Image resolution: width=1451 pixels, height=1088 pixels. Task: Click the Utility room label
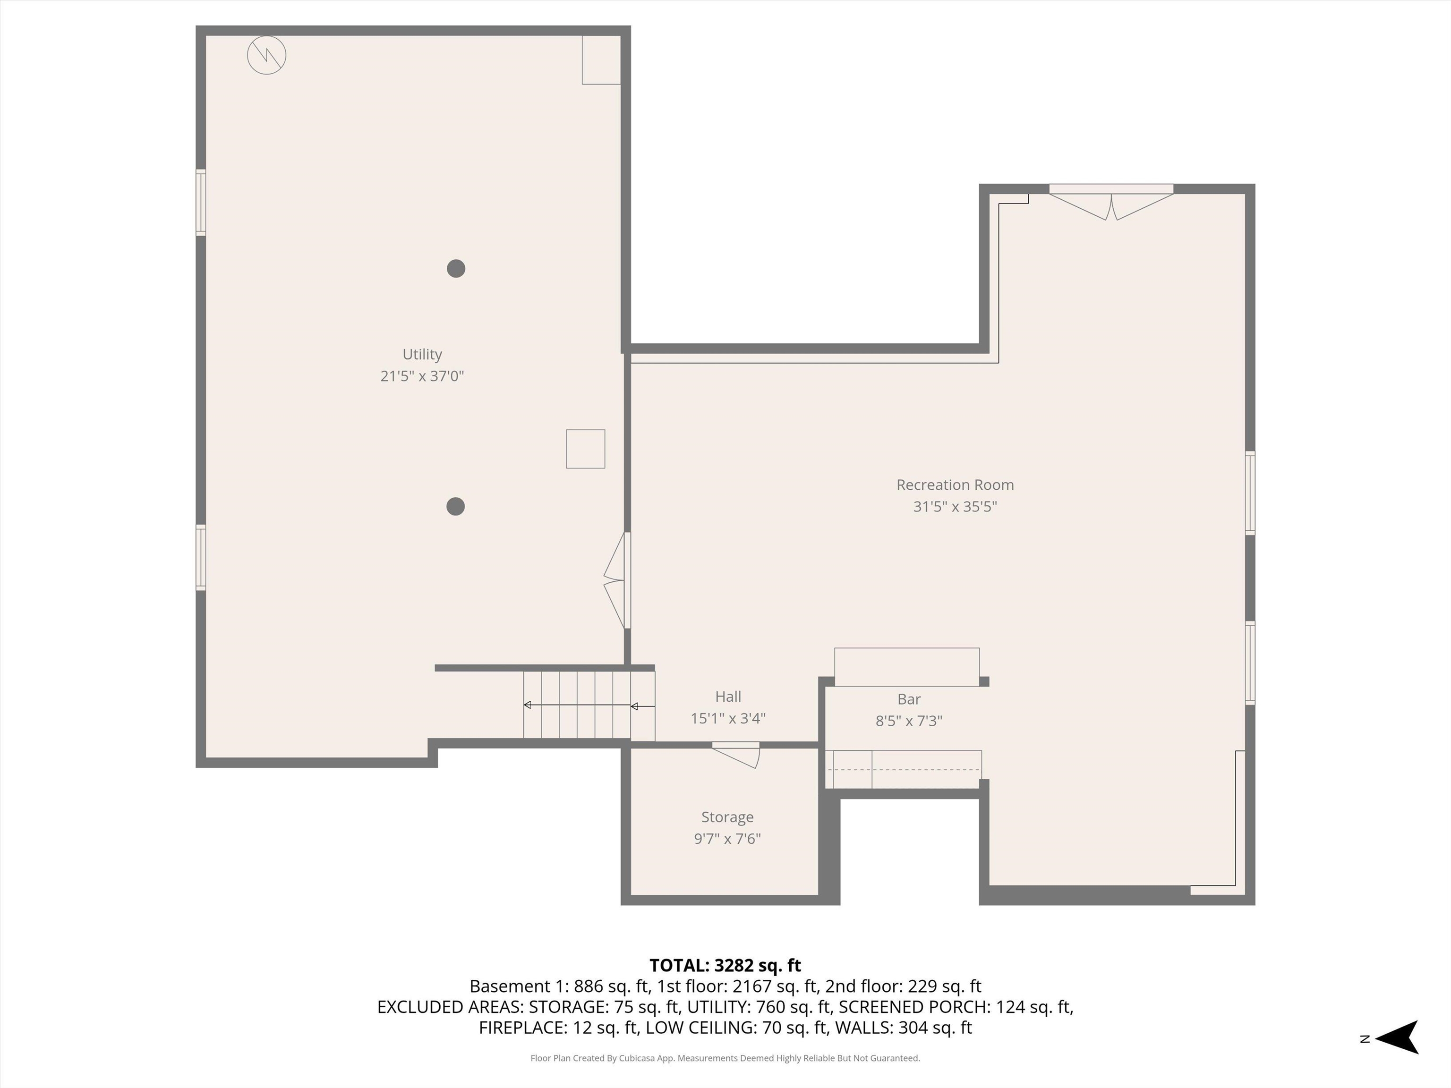coord(422,354)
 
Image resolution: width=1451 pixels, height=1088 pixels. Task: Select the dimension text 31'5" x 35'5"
coord(955,506)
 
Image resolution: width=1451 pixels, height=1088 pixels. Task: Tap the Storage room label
coord(727,816)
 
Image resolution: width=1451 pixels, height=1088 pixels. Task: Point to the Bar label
coord(908,699)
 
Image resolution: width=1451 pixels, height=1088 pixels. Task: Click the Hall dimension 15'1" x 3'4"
coord(727,718)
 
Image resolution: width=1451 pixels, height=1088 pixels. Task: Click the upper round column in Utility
coord(456,268)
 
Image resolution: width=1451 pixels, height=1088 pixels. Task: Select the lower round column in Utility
coord(455,506)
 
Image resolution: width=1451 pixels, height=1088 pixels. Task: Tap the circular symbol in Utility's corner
coord(266,55)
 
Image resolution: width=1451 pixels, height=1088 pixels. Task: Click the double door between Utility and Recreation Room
coord(616,580)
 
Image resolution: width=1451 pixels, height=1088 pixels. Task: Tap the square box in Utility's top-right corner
coord(601,60)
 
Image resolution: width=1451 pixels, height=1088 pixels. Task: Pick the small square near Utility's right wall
coord(585,449)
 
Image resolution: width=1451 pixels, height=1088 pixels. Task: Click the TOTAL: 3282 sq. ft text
coord(725,965)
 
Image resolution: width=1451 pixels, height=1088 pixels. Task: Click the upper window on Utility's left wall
coord(201,202)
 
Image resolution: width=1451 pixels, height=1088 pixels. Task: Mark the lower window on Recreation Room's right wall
coord(1250,663)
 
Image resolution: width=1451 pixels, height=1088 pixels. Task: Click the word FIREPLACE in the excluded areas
coord(522,1028)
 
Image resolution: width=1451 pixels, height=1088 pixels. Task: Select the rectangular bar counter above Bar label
coord(906,667)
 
